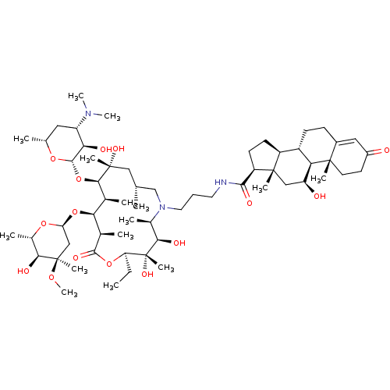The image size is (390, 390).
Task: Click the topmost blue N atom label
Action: pos(89,114)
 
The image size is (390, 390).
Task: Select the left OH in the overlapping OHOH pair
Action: pos(105,149)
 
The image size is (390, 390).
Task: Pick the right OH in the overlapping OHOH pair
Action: pos(118,149)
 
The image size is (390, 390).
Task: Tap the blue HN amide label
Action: pos(220,183)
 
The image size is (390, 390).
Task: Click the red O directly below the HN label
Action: pos(249,203)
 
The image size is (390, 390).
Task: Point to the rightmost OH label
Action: pos(320,197)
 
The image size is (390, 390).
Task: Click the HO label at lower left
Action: pos(23,271)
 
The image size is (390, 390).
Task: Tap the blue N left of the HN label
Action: pos(162,207)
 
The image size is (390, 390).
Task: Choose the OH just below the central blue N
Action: pos(179,243)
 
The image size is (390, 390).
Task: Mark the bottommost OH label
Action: pos(147,275)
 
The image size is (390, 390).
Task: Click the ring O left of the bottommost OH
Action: pos(109,264)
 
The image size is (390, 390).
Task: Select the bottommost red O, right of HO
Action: pos(51,277)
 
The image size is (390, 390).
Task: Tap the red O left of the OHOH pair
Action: pos(53,159)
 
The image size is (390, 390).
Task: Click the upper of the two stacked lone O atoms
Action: pos(78,179)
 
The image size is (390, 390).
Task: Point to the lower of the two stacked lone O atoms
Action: pos(75,211)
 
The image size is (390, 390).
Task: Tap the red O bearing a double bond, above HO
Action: pos(76,257)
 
